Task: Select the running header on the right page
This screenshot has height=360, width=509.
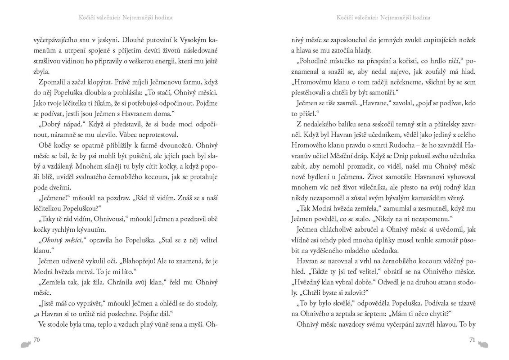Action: tap(383, 18)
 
